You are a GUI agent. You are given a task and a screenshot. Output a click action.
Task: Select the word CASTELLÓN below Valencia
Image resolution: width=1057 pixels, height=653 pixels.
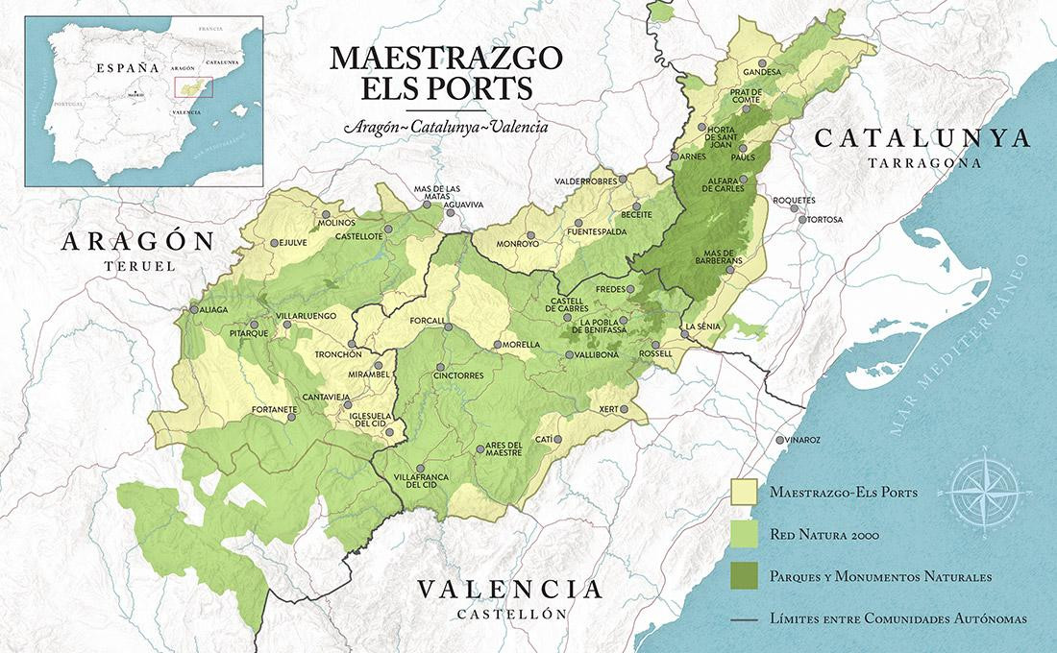pyautogui.click(x=509, y=613)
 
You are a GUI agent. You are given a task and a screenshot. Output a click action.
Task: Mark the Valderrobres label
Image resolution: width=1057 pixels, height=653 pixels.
pyautogui.click(x=585, y=180)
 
